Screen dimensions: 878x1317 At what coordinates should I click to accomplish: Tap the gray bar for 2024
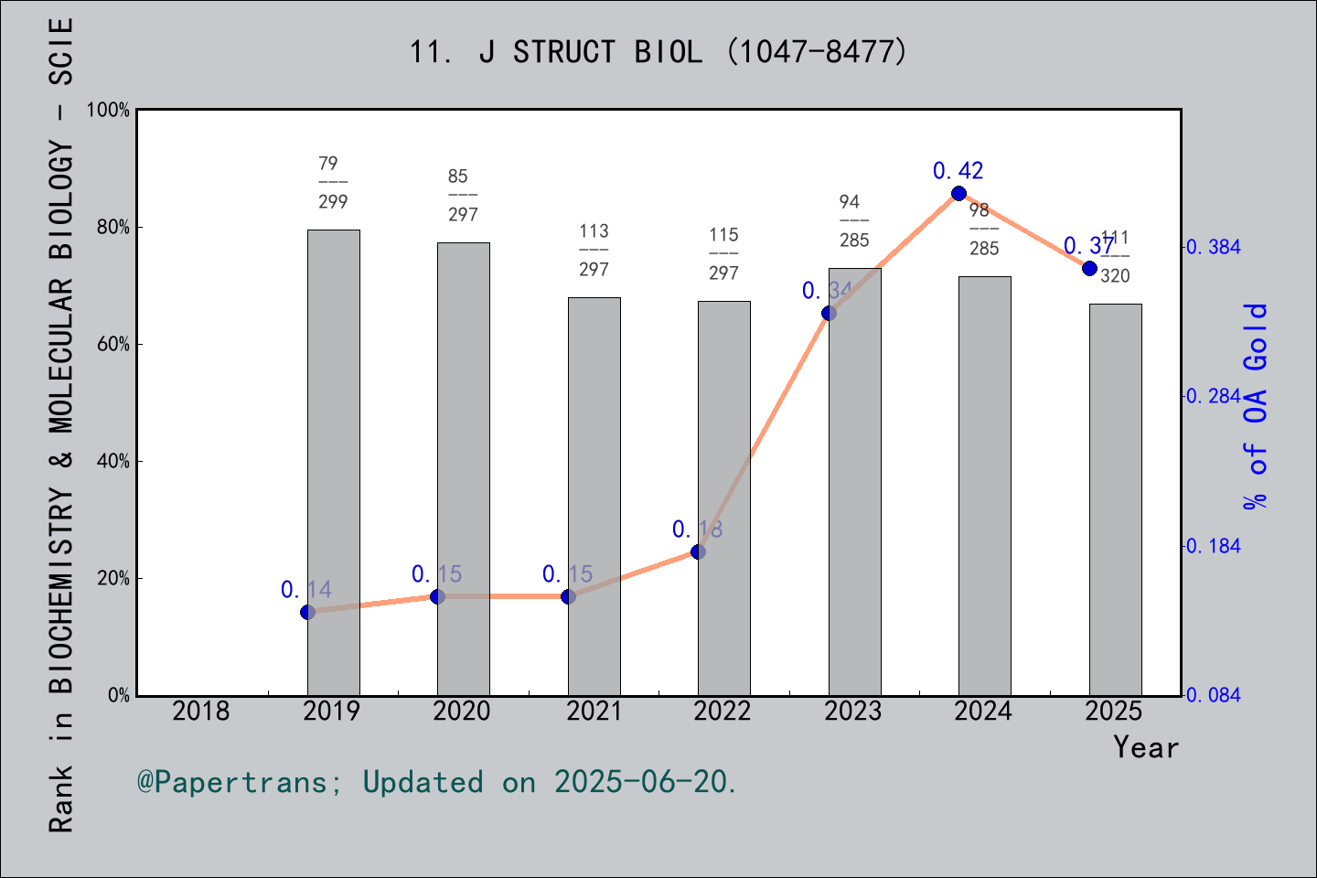984,485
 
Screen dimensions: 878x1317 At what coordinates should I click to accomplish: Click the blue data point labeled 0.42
958,193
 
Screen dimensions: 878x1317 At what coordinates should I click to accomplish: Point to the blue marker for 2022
698,551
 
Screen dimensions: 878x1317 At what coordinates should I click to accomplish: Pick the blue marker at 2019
307,612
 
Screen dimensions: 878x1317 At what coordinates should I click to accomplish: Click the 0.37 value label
1088,245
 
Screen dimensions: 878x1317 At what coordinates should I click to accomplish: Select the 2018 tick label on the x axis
201,711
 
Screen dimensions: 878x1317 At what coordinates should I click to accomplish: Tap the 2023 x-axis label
853,711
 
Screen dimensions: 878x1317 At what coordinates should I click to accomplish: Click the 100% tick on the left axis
108,110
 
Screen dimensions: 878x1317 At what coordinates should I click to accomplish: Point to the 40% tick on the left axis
113,461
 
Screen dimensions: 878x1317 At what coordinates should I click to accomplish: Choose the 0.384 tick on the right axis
1214,247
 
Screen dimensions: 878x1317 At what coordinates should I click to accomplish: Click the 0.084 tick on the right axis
1214,695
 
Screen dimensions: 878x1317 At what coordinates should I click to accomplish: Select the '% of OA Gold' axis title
1256,405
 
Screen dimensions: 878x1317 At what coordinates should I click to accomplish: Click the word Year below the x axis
1145,747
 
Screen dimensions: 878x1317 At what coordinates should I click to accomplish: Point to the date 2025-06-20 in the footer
644,782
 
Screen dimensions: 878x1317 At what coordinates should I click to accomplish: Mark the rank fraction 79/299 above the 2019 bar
333,182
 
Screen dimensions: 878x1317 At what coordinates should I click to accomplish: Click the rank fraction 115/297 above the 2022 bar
723,253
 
